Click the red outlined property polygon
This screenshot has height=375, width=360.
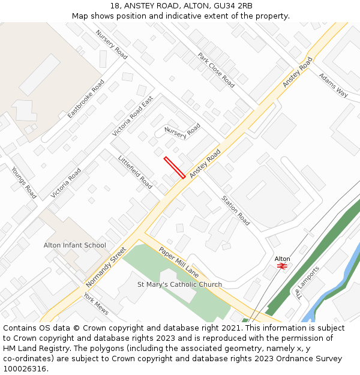(x=175, y=167)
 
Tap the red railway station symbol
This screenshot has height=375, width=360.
(x=282, y=266)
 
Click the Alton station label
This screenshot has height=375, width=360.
(x=282, y=259)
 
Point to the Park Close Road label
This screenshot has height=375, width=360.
(x=216, y=70)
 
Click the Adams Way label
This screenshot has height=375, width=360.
(x=333, y=85)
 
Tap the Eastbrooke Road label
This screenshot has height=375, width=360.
(x=86, y=98)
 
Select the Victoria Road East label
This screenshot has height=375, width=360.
(x=133, y=116)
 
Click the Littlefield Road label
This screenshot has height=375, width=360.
(x=135, y=171)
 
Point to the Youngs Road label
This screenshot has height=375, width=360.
(x=24, y=182)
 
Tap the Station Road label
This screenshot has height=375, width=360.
(x=235, y=211)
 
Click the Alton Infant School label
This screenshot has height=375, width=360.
(x=74, y=245)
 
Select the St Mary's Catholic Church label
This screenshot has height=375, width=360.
(x=179, y=284)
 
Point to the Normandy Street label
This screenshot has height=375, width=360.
(x=106, y=266)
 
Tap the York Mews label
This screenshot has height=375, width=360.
(x=96, y=303)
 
